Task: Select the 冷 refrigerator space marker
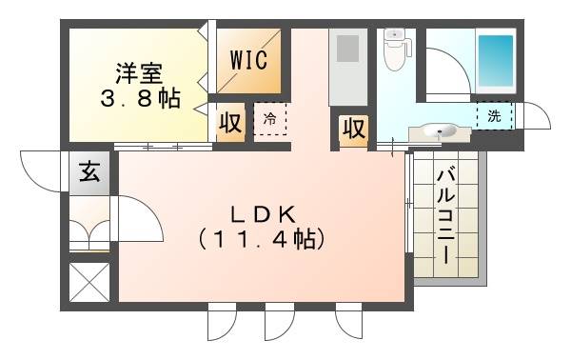[x=270, y=119]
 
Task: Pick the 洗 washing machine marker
[x=494, y=115]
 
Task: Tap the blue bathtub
[x=494, y=59]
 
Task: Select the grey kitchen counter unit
[x=347, y=67]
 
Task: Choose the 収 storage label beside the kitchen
[x=353, y=128]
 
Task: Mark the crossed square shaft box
[x=89, y=282]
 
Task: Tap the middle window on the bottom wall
[x=279, y=322]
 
